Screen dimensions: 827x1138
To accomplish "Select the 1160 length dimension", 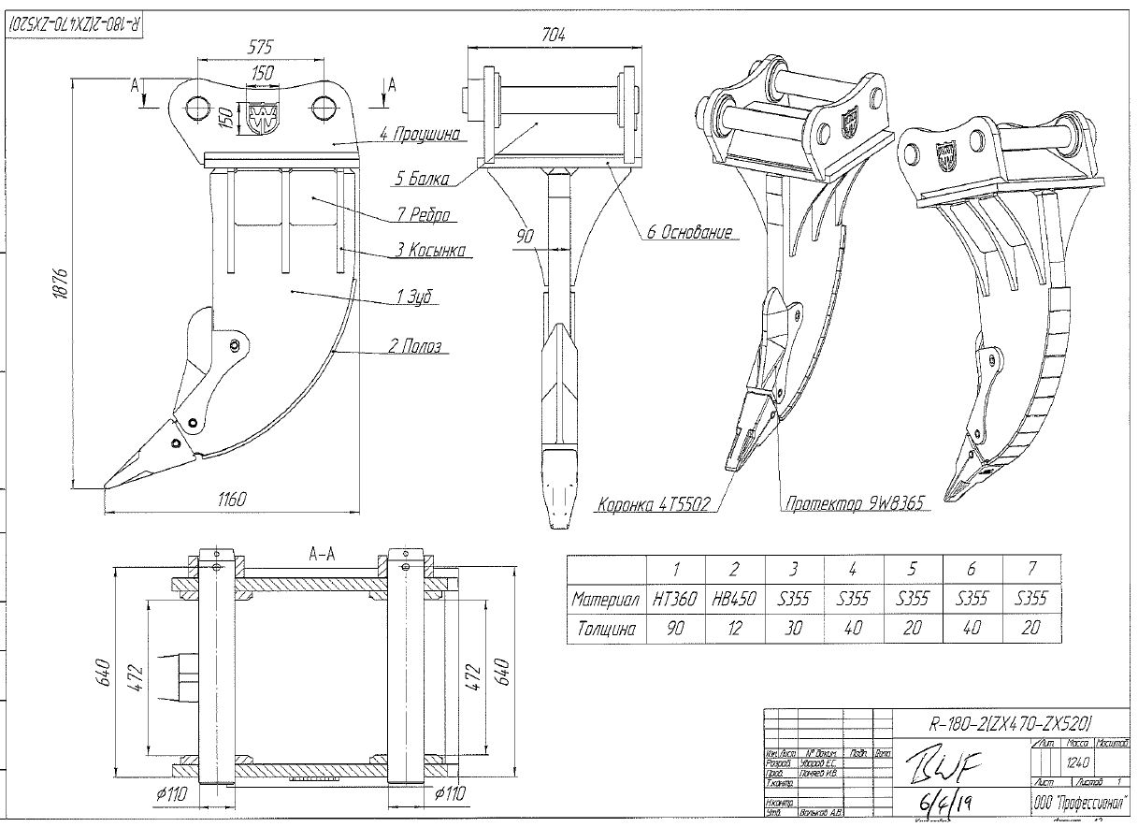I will coord(231,500).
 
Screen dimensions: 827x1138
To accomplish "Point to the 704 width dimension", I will coord(553,35).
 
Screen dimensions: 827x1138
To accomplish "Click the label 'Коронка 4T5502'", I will coord(655,505).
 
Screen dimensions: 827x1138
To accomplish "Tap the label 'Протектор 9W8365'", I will coord(854,504).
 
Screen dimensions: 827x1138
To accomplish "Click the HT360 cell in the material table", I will coord(675,599).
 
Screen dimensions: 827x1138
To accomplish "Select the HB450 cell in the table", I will coord(734,599).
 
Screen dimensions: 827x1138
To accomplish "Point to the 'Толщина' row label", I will coord(606,629).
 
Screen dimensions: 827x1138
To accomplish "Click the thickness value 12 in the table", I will coord(734,629).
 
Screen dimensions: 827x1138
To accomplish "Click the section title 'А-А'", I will coord(322,555).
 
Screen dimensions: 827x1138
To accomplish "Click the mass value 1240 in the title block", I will coord(1077,762).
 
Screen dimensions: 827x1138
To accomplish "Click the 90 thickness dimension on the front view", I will coord(526,237).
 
